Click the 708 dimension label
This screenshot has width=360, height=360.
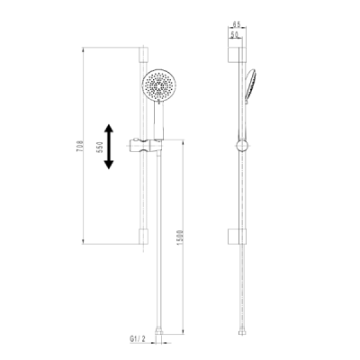tap(79, 146)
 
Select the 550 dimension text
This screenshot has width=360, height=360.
tap(101, 147)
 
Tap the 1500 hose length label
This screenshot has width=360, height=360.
tap(180, 238)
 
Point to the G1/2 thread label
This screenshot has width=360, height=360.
tap(138, 338)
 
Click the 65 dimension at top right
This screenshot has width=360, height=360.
tap(237, 24)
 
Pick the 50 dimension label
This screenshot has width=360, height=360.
tap(234, 35)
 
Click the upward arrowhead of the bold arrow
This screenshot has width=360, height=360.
tap(109, 129)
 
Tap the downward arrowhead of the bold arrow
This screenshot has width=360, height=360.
tap(109, 165)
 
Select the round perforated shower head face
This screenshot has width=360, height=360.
tap(156, 87)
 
